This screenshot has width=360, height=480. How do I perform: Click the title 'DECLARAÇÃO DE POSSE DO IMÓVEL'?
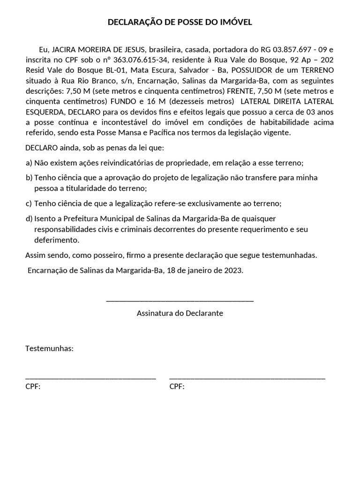click(x=180, y=22)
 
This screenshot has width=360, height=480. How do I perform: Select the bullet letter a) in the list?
click(x=29, y=163)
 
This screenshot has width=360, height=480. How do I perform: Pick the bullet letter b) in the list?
click(x=29, y=178)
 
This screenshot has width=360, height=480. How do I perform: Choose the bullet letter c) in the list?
click(x=29, y=203)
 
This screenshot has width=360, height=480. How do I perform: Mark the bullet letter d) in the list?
click(x=29, y=218)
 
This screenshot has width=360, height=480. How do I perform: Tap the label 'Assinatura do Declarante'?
click(x=180, y=313)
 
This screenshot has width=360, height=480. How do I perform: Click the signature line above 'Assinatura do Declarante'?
click(x=180, y=300)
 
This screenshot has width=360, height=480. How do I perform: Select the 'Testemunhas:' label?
click(x=49, y=349)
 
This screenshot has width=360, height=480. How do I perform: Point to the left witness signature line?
click(x=90, y=378)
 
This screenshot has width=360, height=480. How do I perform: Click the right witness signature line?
click(x=247, y=378)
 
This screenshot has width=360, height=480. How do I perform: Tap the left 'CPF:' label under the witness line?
click(x=33, y=387)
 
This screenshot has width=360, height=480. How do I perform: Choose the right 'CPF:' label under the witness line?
click(x=177, y=387)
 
